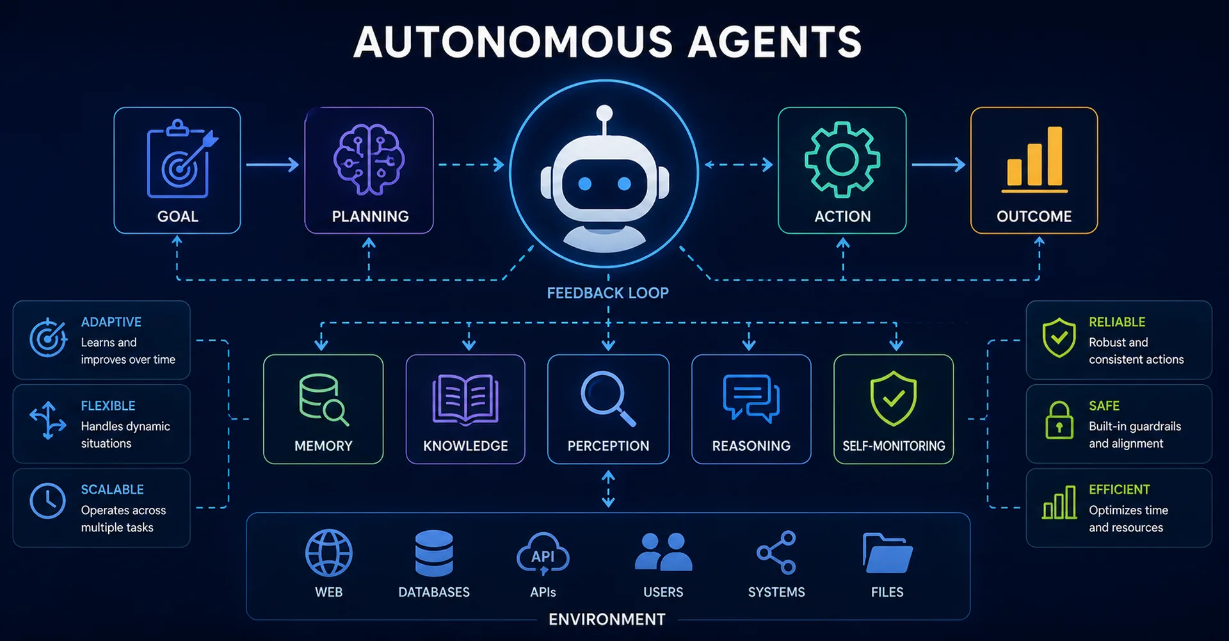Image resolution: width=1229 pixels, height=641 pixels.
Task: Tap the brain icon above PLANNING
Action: (x=369, y=159)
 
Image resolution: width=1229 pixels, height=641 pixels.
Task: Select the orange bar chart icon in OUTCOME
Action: (x=1034, y=159)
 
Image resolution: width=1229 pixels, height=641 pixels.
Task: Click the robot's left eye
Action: (x=584, y=184)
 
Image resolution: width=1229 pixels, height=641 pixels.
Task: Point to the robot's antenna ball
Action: (x=604, y=113)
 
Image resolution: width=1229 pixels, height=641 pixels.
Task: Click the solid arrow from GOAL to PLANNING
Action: (x=273, y=165)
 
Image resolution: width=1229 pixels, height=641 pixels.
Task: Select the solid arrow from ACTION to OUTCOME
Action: (x=938, y=165)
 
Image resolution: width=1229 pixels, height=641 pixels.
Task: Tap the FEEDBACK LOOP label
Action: (x=607, y=293)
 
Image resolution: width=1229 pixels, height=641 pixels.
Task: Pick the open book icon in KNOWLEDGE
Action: (x=465, y=400)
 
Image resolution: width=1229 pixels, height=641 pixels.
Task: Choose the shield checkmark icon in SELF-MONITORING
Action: (x=894, y=398)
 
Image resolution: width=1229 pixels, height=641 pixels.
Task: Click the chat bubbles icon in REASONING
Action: (x=751, y=398)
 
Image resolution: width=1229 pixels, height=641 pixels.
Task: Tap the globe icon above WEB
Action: (x=329, y=553)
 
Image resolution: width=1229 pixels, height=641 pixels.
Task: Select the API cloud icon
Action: (x=543, y=554)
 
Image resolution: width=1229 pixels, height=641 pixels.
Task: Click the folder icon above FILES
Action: (x=887, y=553)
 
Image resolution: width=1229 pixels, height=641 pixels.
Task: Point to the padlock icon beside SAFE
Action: (x=1059, y=420)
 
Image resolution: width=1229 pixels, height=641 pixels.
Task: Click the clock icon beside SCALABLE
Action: (x=47, y=501)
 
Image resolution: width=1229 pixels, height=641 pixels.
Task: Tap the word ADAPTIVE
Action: (x=111, y=322)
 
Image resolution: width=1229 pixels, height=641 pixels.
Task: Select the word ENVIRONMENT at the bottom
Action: (x=607, y=619)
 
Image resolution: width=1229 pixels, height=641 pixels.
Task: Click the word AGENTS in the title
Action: (x=775, y=42)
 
